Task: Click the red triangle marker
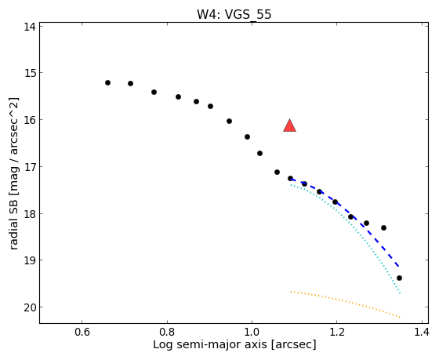tap(289, 125)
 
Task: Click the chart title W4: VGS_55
tap(234, 14)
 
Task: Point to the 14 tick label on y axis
tap(30, 27)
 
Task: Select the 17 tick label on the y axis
tap(30, 167)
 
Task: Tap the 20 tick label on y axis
tap(30, 307)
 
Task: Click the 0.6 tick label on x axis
tap(82, 332)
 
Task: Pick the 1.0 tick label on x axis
tap(252, 332)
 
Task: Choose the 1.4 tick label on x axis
tap(421, 332)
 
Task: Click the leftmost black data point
tap(108, 82)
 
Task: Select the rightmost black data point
tap(400, 278)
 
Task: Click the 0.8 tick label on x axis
tap(167, 332)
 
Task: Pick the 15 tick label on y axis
tap(30, 73)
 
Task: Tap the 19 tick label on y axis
tap(30, 260)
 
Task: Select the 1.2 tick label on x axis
tap(336, 332)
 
